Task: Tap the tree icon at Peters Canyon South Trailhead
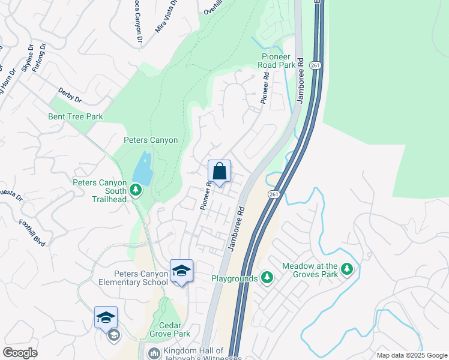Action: point(136,190)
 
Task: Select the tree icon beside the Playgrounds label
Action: point(267,278)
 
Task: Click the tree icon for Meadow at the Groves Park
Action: point(346,270)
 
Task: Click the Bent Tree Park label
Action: point(76,116)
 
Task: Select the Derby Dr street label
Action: point(70,95)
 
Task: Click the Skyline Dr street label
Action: point(26,58)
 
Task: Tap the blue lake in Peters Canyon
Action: point(142,168)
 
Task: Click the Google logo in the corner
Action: point(20,353)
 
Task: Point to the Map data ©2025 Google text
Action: point(411,355)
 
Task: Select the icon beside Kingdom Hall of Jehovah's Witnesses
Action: point(154,353)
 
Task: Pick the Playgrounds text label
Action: point(234,278)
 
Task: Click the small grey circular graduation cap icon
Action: point(113,335)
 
